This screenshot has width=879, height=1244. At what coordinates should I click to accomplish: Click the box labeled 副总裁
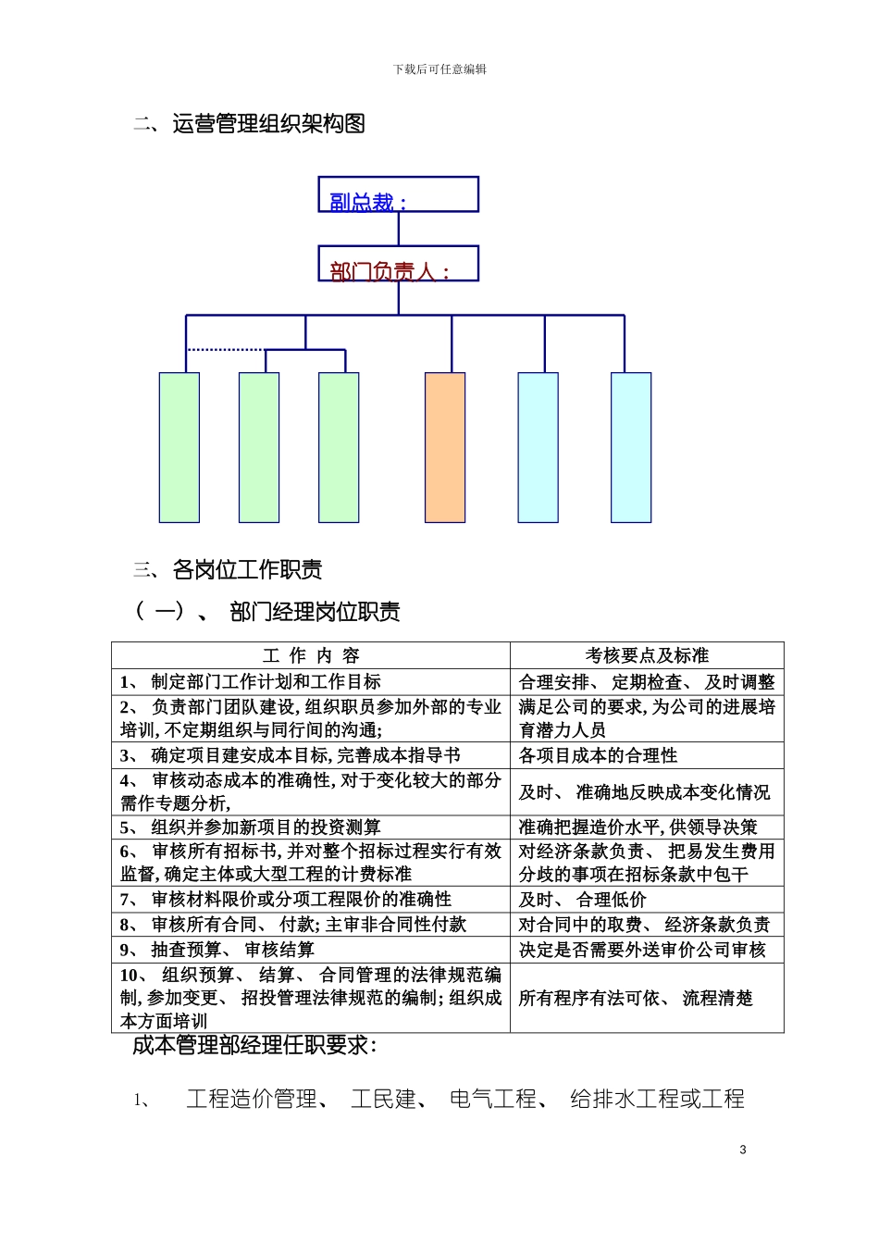coord(398,194)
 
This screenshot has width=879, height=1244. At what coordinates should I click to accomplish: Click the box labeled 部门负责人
coord(398,264)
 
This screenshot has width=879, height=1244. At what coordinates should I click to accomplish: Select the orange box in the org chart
coord(445,447)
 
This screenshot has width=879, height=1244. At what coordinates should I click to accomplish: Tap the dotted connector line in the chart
coord(226,350)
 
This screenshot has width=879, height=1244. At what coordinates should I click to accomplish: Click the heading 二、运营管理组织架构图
coord(250,124)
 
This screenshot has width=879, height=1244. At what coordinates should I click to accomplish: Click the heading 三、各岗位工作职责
coord(229,569)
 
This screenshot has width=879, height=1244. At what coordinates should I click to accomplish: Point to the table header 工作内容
coord(311,655)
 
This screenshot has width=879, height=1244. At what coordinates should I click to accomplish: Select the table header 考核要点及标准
coord(647,655)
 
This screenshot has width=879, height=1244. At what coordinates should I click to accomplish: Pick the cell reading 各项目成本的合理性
coord(598,755)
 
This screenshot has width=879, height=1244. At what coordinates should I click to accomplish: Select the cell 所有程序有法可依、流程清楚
coord(636,998)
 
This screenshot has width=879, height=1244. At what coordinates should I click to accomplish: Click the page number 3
coord(743,1150)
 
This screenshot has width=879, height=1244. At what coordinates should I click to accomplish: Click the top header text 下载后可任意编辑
coord(439,69)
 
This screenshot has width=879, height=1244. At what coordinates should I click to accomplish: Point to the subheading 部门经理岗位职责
coord(315,612)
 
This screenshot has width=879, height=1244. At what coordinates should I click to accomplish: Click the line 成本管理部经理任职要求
coord(254,1046)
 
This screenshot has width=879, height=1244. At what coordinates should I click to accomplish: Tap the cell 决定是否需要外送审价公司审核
coord(642,950)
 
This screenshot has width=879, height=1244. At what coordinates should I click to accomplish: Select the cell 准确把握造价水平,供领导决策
coord(638,827)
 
